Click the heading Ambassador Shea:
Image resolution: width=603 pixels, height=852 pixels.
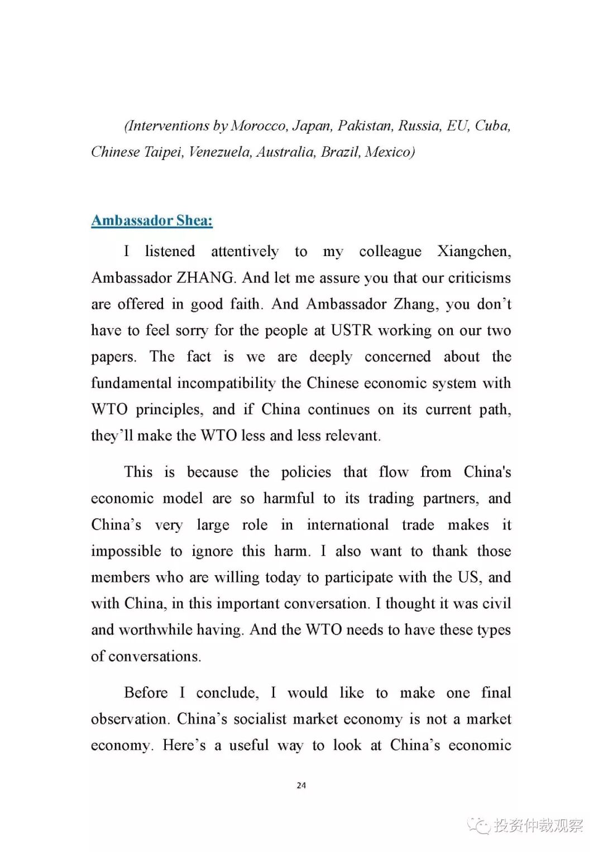(x=152, y=221)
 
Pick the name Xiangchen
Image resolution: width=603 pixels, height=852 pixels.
(x=473, y=252)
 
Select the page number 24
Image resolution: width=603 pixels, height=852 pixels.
(x=301, y=786)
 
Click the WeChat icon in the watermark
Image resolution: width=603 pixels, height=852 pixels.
(x=480, y=825)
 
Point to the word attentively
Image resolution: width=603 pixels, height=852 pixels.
(x=245, y=252)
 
